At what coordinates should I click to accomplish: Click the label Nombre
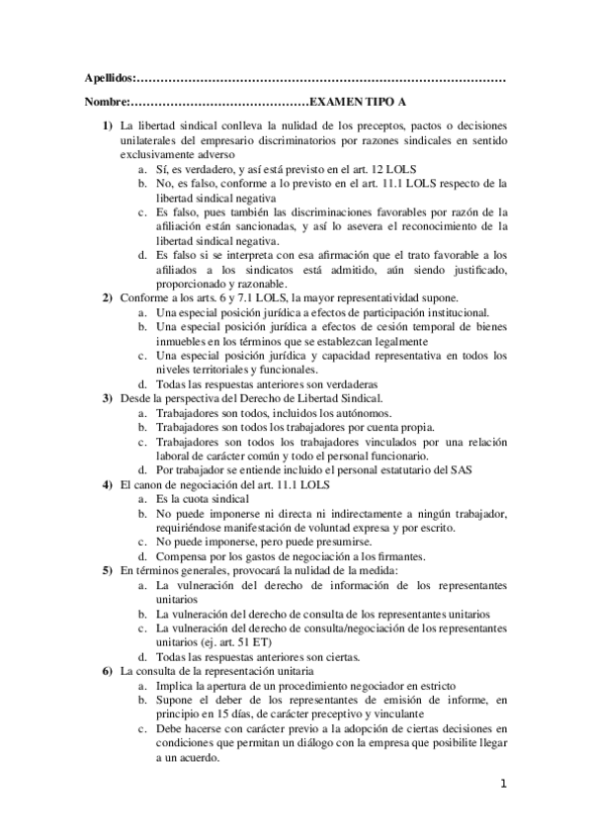(x=105, y=103)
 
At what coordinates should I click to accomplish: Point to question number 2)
(x=108, y=298)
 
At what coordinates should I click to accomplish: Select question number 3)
(x=108, y=398)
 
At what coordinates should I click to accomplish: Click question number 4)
(x=108, y=484)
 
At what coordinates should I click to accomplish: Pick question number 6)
(x=108, y=671)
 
